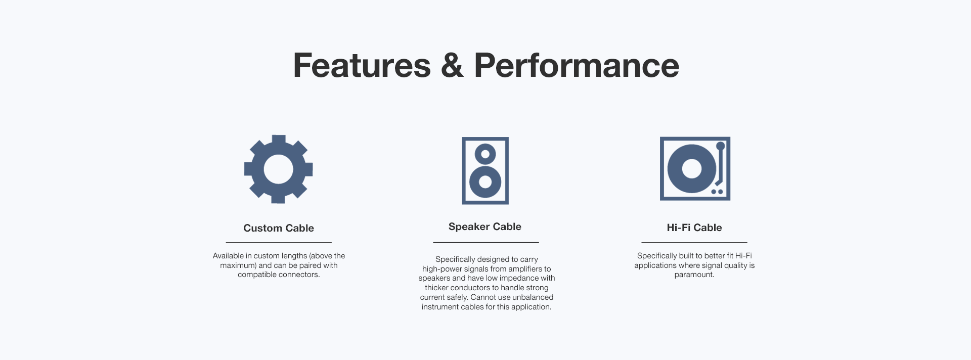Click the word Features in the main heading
pyautogui.click(x=362, y=65)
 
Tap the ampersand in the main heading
pyautogui.click(x=452, y=65)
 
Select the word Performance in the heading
pyautogui.click(x=577, y=65)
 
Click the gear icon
pyautogui.click(x=278, y=169)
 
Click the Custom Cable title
pyautogui.click(x=279, y=228)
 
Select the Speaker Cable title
pyautogui.click(x=485, y=227)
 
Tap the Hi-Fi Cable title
pyautogui.click(x=694, y=228)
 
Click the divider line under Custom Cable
pyautogui.click(x=279, y=243)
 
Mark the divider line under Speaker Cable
pyautogui.click(x=486, y=243)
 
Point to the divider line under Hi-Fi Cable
pyautogui.click(x=694, y=243)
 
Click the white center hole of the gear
pyautogui.click(x=278, y=169)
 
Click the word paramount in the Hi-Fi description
pyautogui.click(x=694, y=275)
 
